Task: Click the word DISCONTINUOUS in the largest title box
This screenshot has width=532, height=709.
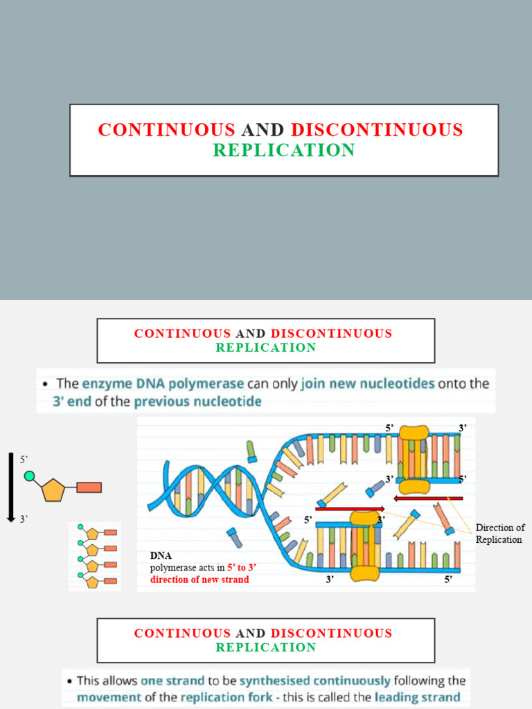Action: coord(377,129)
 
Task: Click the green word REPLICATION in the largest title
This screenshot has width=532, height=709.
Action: coord(283,150)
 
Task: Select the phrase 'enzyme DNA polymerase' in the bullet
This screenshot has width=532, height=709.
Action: coord(162,383)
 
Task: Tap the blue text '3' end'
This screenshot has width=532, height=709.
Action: coord(71,401)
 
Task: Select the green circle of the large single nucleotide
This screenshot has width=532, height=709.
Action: coord(30,476)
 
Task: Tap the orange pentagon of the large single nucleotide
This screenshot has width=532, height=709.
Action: coord(53,490)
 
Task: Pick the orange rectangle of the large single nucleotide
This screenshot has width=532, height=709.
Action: coord(89,487)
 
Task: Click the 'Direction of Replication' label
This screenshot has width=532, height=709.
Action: coord(499,534)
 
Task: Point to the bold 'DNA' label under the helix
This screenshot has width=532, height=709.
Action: coord(161,555)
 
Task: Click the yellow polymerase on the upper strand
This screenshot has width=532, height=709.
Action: coord(414,459)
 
